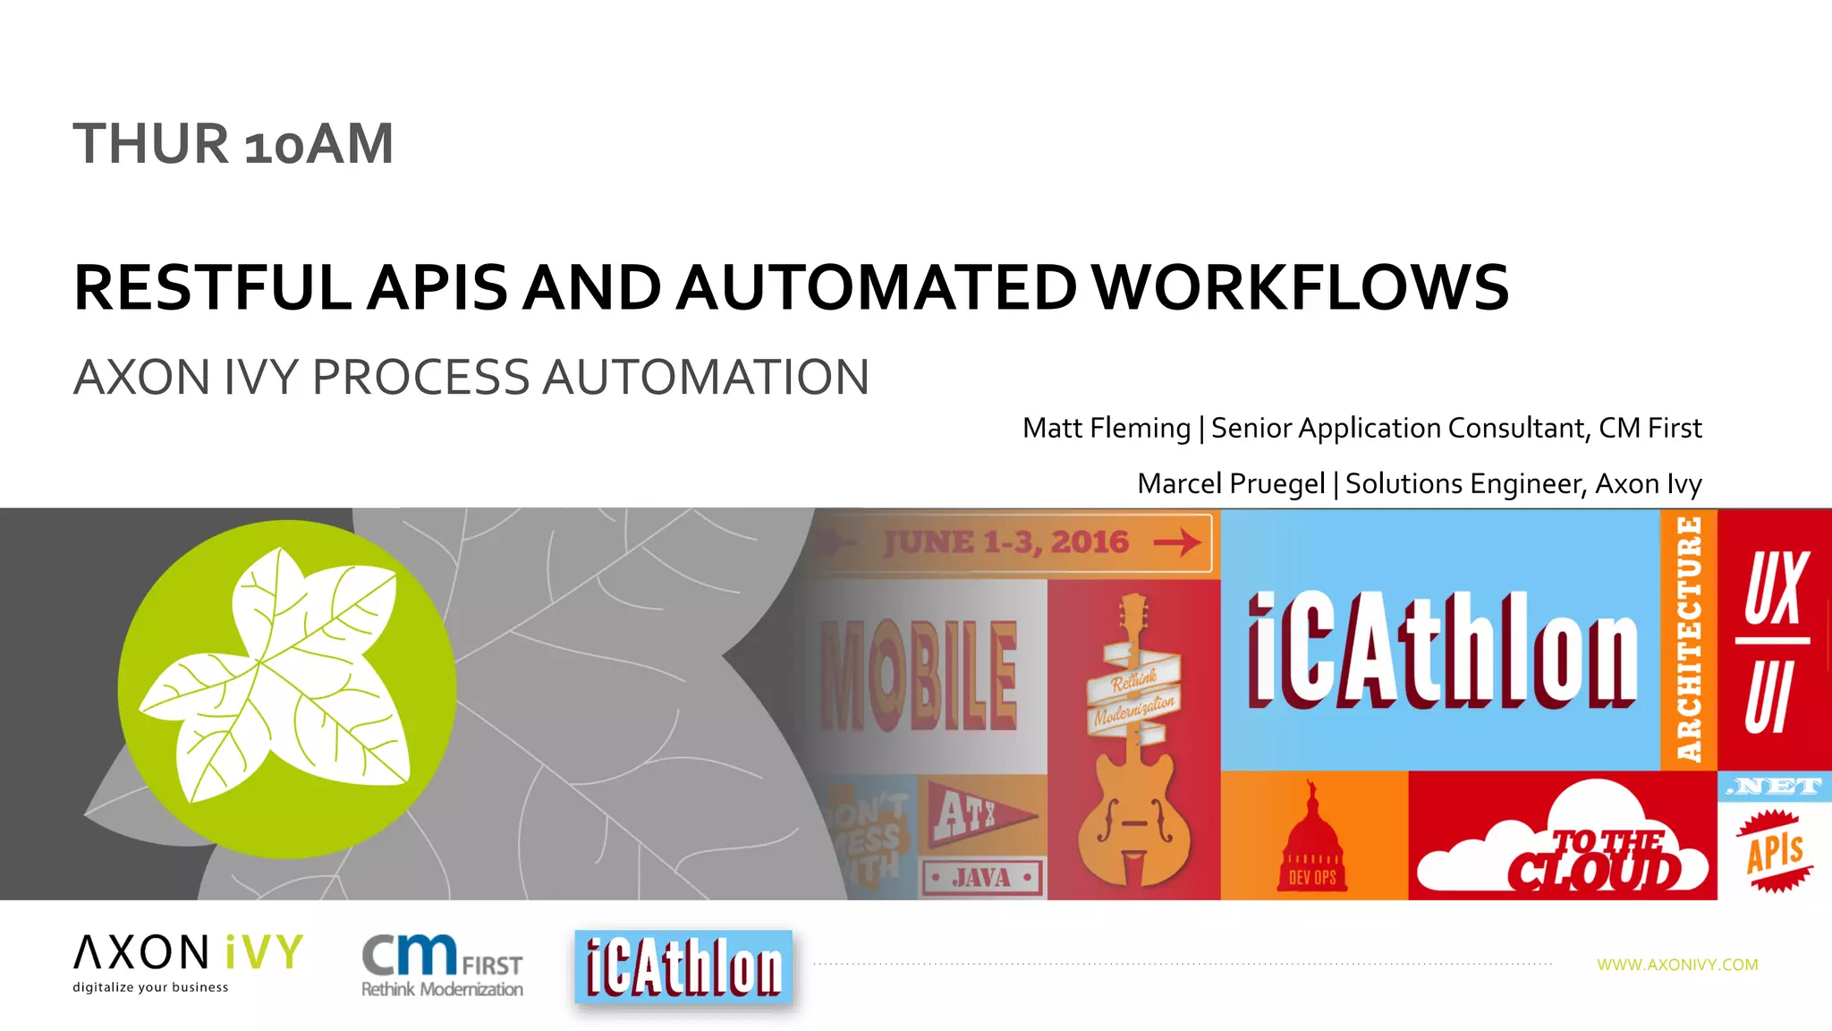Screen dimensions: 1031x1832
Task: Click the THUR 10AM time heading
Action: point(233,144)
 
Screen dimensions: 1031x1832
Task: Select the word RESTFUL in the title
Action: point(213,288)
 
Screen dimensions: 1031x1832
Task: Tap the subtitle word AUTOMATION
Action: point(706,377)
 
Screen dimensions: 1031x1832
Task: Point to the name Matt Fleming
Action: point(1106,428)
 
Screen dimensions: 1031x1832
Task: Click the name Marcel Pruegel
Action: point(1230,483)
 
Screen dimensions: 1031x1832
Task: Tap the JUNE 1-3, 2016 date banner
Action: point(1006,542)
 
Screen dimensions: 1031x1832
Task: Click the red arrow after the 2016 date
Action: point(1176,542)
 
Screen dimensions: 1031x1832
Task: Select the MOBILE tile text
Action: point(919,676)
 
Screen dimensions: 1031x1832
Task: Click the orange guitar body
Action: point(1133,823)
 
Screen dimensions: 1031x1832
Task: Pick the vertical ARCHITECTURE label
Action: point(1688,639)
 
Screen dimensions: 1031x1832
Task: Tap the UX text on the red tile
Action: point(1776,589)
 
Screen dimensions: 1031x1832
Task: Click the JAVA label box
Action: point(982,878)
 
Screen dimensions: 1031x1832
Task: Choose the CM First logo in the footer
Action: point(442,965)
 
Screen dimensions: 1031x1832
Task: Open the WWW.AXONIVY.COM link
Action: point(1677,965)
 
